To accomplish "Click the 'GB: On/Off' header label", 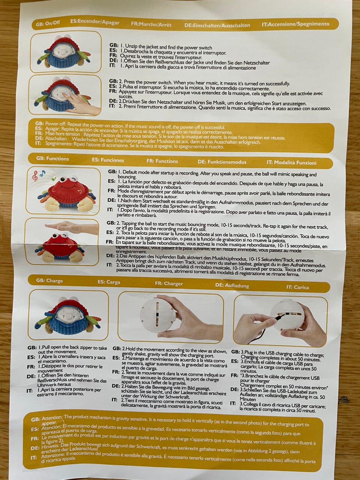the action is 48,23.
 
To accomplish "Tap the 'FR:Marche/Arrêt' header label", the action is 151,24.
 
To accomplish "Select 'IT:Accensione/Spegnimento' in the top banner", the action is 295,24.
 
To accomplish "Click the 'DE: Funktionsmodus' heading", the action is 222,162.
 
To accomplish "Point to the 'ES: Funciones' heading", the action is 108,160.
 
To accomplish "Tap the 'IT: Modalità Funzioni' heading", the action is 291,162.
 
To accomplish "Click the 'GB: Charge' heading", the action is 49,280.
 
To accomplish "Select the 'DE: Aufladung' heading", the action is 232,285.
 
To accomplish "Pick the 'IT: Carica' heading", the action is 297,287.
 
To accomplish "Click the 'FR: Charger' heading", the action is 169,283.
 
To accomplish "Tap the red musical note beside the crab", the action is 34,176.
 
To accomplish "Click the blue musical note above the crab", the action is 42,173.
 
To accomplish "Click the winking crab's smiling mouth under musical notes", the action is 68,187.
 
